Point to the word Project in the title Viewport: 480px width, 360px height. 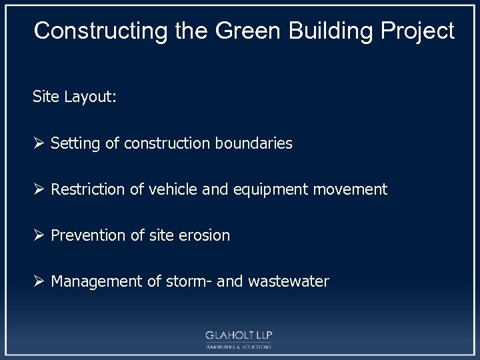(418, 31)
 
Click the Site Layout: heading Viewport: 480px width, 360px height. (75, 97)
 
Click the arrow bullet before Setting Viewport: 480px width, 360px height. (39, 143)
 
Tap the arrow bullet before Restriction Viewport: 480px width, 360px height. (39, 189)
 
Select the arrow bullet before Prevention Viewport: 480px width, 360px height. (39, 235)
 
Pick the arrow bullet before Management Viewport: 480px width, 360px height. (39, 281)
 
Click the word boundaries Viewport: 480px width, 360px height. (254, 143)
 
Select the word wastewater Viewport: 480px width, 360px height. (288, 281)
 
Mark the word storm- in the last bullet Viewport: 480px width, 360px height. (189, 281)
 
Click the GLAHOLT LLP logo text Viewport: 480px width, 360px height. (239, 335)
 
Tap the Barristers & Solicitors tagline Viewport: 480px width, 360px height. (239, 347)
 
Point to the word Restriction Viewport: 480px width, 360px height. (88, 189)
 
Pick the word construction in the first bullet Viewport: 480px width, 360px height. (167, 143)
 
